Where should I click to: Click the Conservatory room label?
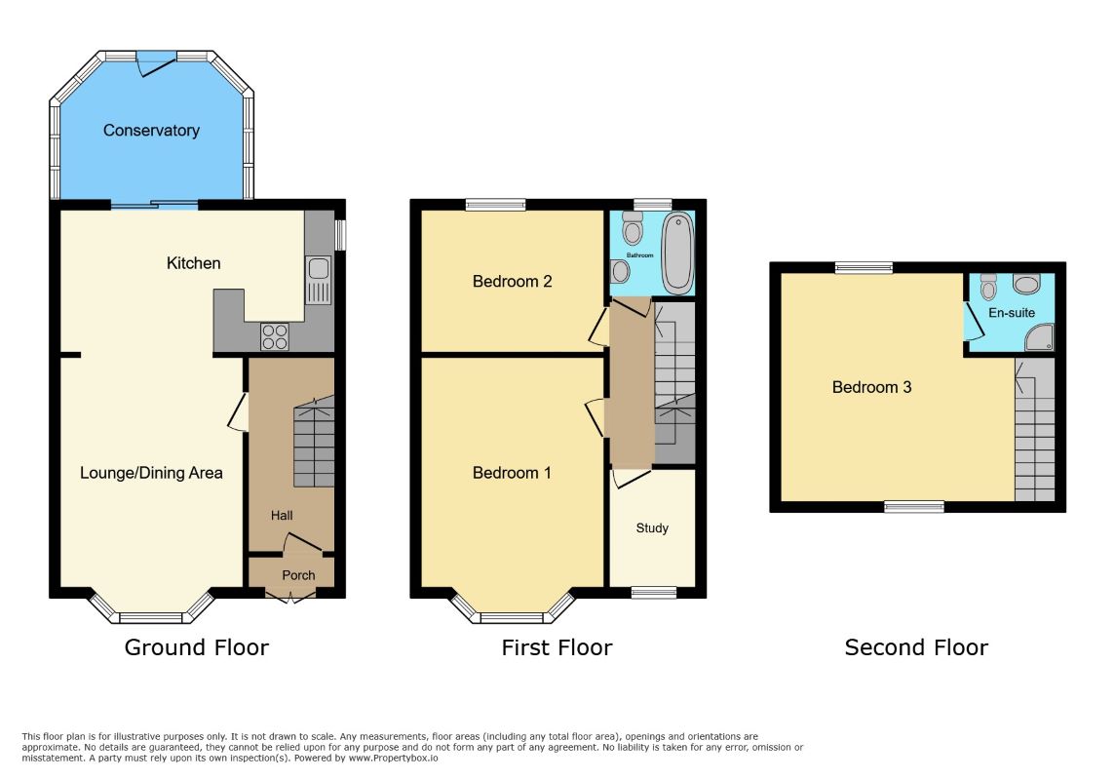[151, 130]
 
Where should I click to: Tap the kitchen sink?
[318, 280]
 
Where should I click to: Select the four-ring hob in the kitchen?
[275, 336]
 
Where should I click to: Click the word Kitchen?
[193, 263]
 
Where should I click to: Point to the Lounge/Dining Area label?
[151, 473]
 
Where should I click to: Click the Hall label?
[282, 516]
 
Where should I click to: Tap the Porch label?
[298, 575]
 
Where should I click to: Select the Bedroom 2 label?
[512, 282]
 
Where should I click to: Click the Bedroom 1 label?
[512, 473]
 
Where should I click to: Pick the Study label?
[652, 527]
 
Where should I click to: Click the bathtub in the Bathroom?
[677, 253]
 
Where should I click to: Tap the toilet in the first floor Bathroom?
[633, 227]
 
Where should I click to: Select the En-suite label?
[1011, 313]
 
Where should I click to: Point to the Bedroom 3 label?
[871, 387]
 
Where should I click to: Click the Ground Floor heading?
[196, 647]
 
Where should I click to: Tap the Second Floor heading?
[916, 647]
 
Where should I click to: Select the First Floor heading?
[557, 647]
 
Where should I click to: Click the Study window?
[654, 592]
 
